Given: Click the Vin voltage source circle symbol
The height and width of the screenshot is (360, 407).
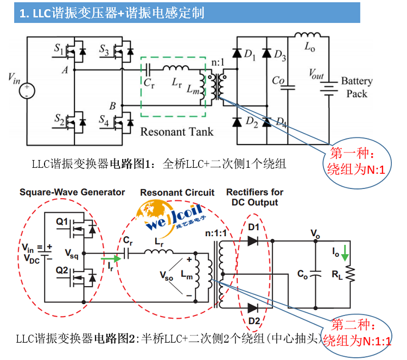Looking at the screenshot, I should pos(26,89).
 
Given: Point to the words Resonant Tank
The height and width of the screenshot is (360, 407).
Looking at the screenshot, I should pos(177,131).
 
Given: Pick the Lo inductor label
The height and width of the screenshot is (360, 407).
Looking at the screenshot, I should pos(309,47).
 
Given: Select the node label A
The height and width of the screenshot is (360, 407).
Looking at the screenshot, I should pos(65,70).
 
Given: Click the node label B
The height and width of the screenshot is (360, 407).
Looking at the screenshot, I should pos(112,105).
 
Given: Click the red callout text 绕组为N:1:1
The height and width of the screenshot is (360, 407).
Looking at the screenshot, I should pos(357,340).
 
